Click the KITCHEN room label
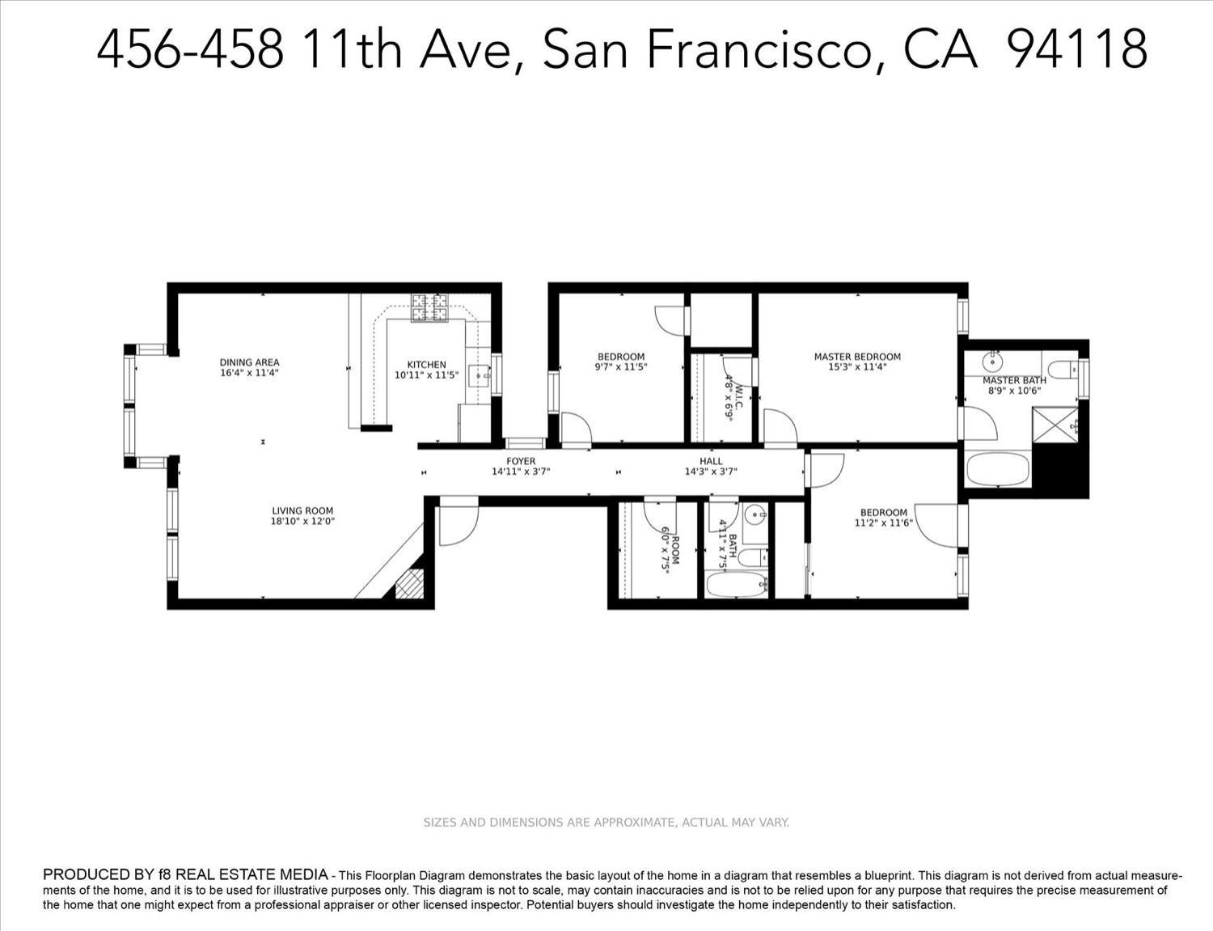426,365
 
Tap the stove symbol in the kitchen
429,307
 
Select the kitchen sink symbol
480,375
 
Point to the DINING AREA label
249,362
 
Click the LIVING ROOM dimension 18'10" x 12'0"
302,522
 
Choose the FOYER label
521,461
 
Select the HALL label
712,461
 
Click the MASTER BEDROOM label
857,357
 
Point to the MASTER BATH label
1014,380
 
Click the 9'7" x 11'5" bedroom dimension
621,367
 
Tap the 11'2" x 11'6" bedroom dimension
884,523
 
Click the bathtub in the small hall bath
735,585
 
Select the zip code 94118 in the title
1078,49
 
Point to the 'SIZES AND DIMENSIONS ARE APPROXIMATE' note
606,823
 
